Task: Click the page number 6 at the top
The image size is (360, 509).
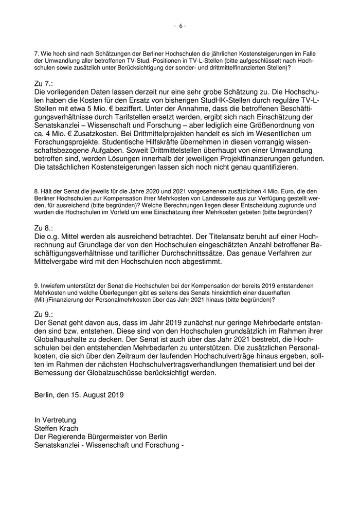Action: [180, 26]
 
